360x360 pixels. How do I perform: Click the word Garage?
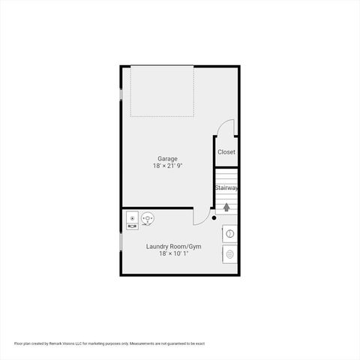coord(167,158)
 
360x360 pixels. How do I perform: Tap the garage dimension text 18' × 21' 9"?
coord(167,166)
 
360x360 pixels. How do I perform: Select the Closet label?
coord(226,152)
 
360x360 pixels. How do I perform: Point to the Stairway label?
coord(226,187)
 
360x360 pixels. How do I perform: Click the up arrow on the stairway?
coord(226,206)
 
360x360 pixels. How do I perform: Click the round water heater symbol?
coord(148,219)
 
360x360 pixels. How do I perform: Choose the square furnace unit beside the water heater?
coord(131,219)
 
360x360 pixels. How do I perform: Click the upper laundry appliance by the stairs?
coord(230,234)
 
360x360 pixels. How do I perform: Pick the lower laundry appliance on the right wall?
coord(230,254)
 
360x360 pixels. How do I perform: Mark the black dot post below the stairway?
coord(214,218)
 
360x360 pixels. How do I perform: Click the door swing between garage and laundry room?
coord(200,217)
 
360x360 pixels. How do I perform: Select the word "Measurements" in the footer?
coord(142,343)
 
